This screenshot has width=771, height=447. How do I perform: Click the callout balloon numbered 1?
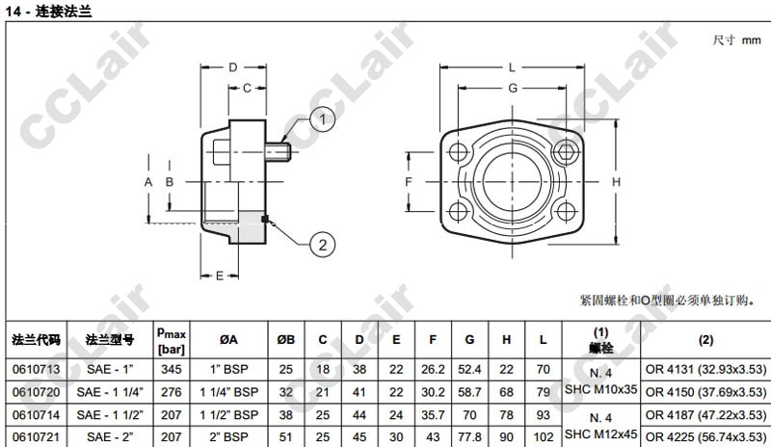click(323, 119)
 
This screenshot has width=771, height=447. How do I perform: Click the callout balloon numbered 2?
click(323, 245)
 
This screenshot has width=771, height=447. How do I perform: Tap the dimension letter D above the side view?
click(233, 67)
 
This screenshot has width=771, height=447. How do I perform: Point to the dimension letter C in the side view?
click(248, 88)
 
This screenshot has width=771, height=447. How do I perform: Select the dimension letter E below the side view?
click(220, 276)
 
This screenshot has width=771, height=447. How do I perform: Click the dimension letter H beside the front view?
click(616, 182)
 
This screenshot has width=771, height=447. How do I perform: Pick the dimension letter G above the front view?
click(513, 88)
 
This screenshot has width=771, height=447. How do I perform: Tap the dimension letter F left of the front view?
click(408, 182)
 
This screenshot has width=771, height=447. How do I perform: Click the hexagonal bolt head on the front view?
click(566, 152)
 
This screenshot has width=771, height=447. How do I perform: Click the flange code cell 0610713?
click(36, 369)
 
